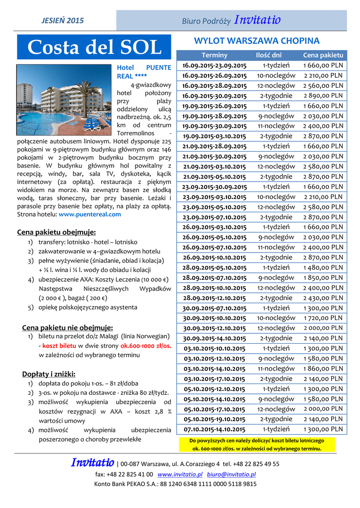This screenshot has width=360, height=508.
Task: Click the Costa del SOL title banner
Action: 94,48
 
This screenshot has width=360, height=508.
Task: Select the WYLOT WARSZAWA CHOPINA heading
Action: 256,41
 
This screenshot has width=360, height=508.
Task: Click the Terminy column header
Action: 214,55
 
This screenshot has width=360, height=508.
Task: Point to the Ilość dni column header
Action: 268,55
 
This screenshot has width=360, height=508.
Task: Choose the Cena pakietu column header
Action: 323,55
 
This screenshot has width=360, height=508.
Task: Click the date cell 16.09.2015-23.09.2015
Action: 214,65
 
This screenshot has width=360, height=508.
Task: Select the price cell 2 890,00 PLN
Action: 323,96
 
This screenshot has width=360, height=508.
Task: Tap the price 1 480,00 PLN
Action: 323,267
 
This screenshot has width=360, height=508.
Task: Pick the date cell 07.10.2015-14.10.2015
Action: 214,430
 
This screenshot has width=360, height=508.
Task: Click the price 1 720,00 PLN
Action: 323,318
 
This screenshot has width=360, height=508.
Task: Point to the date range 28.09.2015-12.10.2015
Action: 214,298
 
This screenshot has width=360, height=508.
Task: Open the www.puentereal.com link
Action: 90,214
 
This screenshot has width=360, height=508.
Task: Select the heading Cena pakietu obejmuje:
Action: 57,232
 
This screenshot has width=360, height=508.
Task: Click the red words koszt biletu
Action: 59,345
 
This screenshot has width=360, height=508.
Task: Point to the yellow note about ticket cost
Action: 256,444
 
